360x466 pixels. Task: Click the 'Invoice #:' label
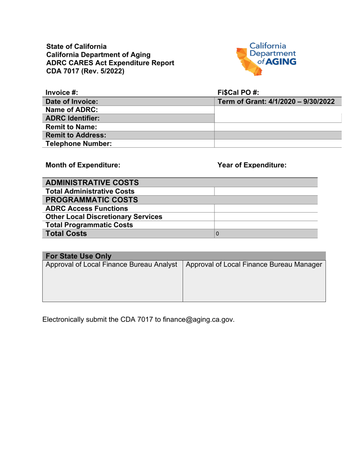pyautogui.click(x=62, y=92)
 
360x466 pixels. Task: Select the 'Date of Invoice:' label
pyautogui.click(x=72, y=102)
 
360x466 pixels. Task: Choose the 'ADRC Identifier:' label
pyautogui.click(x=73, y=118)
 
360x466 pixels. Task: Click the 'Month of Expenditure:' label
pyautogui.click(x=83, y=165)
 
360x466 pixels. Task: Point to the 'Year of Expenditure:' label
pyautogui.click(x=252, y=165)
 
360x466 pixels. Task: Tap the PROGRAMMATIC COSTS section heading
pyautogui.click(x=91, y=200)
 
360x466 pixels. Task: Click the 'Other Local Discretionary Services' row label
pyautogui.click(x=104, y=217)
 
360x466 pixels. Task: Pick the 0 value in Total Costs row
pyautogui.click(x=217, y=234)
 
